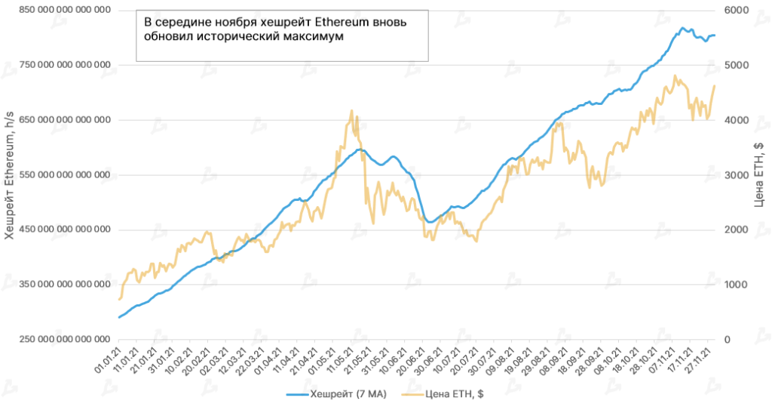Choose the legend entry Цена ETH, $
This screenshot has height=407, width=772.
[x=446, y=394]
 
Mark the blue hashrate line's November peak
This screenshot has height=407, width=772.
[x=682, y=29]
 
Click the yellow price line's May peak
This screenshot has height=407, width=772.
[x=352, y=111]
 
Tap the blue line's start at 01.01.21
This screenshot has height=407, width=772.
[x=119, y=317]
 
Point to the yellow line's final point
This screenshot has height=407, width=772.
[x=715, y=85]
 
